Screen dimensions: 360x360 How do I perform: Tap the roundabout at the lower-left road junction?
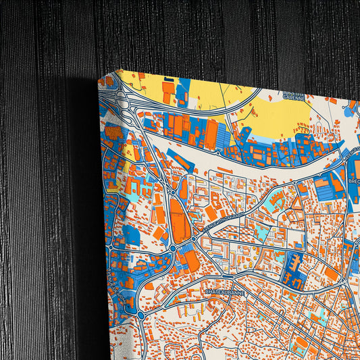(140, 313)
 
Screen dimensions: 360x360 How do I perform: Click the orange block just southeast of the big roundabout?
(191, 261)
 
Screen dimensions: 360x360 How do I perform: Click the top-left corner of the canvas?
(115, 70)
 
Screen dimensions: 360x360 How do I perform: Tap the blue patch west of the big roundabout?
(132, 236)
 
